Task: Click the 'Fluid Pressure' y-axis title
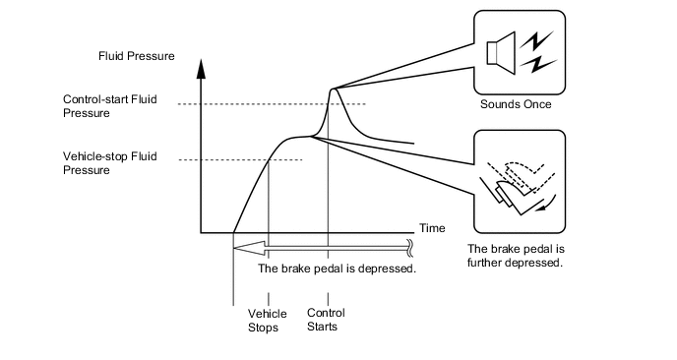tap(137, 56)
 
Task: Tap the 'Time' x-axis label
tap(432, 228)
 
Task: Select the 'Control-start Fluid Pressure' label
tap(109, 106)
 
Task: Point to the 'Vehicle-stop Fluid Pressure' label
tap(109, 163)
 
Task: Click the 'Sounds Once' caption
tap(516, 104)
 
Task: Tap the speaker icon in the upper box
tap(501, 53)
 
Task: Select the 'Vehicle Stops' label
tap(268, 321)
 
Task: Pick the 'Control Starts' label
tap(326, 320)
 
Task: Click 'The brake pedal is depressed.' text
tap(338, 269)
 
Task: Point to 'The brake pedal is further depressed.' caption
tap(516, 256)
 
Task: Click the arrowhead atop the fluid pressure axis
tap(201, 68)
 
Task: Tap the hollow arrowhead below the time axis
tap(249, 248)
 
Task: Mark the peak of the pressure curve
tap(333, 89)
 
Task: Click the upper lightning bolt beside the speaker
tap(536, 40)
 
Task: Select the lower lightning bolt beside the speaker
tap(538, 64)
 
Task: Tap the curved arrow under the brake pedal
tap(547, 205)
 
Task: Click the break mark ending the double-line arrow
tap(410, 248)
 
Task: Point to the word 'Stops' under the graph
tap(263, 328)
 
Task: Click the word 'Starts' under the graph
tap(322, 327)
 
